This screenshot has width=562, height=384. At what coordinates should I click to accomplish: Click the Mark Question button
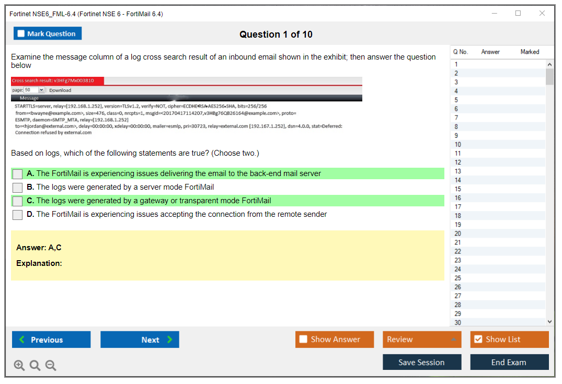pyautogui.click(x=47, y=33)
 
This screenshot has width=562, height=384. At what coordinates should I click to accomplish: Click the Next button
pyautogui.click(x=140, y=340)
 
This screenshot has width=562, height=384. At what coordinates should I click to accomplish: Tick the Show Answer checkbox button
pyautogui.click(x=335, y=340)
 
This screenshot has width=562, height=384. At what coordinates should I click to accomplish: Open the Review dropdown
pyautogui.click(x=422, y=340)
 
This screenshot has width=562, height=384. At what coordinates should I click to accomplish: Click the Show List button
pyautogui.click(x=509, y=340)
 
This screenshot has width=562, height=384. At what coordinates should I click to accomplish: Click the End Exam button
pyautogui.click(x=509, y=362)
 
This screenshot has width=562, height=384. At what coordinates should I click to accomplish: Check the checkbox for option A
pyautogui.click(x=18, y=174)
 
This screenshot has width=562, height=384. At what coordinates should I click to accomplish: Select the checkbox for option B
pyautogui.click(x=18, y=188)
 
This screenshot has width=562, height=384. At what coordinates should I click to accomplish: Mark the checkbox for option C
pyautogui.click(x=18, y=201)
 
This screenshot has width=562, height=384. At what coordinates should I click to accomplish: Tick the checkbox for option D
pyautogui.click(x=18, y=215)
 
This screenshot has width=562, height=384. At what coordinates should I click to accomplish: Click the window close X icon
pyautogui.click(x=542, y=13)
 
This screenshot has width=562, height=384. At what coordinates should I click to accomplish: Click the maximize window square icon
pyautogui.click(x=518, y=13)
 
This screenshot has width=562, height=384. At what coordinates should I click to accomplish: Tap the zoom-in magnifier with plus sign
pyautogui.click(x=19, y=365)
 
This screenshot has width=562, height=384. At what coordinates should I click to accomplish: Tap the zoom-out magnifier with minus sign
pyautogui.click(x=51, y=365)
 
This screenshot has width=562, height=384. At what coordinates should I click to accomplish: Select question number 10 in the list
pyautogui.click(x=457, y=144)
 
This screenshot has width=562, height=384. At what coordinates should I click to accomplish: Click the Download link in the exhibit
pyautogui.click(x=60, y=90)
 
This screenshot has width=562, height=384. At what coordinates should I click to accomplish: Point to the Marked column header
pyautogui.click(x=530, y=52)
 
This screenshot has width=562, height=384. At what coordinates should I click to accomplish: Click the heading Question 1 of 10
pyautogui.click(x=276, y=34)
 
